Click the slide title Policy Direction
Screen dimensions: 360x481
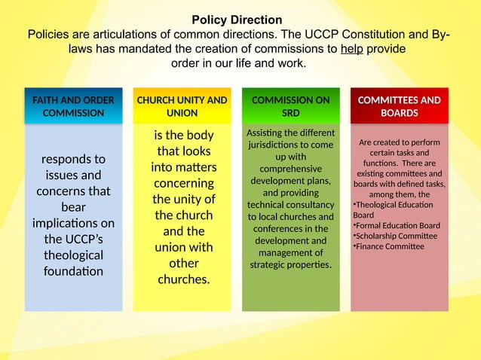(237, 20)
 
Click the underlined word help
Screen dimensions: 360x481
(352, 49)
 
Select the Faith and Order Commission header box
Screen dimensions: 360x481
(73, 106)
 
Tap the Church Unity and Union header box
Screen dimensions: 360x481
(182, 106)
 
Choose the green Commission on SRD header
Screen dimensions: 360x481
(290, 106)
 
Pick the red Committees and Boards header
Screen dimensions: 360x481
(399, 106)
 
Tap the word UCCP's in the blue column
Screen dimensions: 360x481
(73, 239)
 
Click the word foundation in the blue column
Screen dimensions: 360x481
(73, 271)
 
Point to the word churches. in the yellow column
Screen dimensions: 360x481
(183, 279)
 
